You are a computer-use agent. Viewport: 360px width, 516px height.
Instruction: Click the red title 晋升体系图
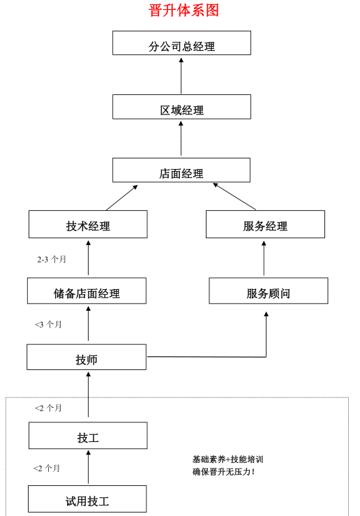pos(183,10)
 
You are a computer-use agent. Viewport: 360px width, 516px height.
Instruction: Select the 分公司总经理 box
pos(181,43)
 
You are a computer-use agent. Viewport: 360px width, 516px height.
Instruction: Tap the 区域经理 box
pos(181,107)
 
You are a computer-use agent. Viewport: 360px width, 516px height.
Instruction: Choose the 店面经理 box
pos(181,170)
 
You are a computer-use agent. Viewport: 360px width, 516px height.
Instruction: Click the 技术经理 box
pos(88,224)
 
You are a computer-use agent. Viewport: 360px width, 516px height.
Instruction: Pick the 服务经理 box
pos(265,224)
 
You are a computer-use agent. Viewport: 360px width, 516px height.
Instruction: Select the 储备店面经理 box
pos(87,290)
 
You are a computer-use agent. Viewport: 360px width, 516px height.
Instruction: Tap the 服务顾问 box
pos(269,290)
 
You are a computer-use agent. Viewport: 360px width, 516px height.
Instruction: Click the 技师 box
pos(87,357)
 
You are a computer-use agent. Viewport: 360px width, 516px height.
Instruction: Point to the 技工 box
pos(88,436)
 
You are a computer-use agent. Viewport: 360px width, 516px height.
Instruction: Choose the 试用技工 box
pos(87,499)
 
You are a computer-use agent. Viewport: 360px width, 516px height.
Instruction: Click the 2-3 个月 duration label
pos(52,259)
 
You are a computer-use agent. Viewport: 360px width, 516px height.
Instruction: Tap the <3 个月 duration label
pos(48,325)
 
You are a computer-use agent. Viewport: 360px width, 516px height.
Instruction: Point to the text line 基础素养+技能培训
pos(228,459)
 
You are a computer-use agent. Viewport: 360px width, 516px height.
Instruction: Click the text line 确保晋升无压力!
pos(223,472)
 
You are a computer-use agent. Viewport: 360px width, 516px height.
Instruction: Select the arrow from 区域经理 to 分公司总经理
pos(181,75)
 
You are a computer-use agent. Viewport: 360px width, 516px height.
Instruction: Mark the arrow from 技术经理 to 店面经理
pos(121,198)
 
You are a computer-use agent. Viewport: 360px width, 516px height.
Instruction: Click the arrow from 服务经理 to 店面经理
pos(234,196)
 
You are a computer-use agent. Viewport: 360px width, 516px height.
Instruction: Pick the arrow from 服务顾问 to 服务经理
pos(264,258)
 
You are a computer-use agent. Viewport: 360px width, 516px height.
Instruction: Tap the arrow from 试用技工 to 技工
pos(88,467)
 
